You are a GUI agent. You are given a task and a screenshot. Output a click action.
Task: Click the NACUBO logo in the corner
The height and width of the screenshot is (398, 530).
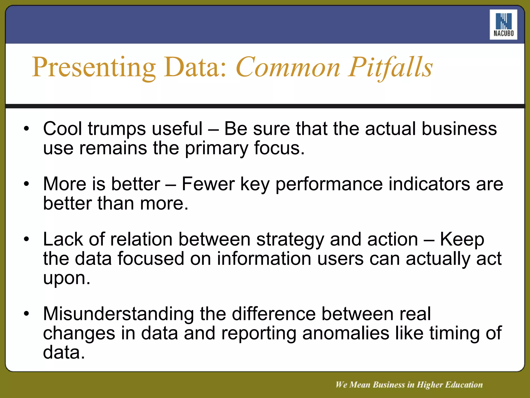503,25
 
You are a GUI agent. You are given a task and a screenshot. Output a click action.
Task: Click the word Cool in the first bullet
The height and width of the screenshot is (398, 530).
62,129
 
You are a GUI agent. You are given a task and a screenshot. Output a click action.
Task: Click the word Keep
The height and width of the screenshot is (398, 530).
462,240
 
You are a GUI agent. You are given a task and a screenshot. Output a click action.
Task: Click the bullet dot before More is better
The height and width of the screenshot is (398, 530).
26,184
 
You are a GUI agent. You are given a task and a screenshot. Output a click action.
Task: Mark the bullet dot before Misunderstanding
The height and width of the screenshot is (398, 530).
26,314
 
